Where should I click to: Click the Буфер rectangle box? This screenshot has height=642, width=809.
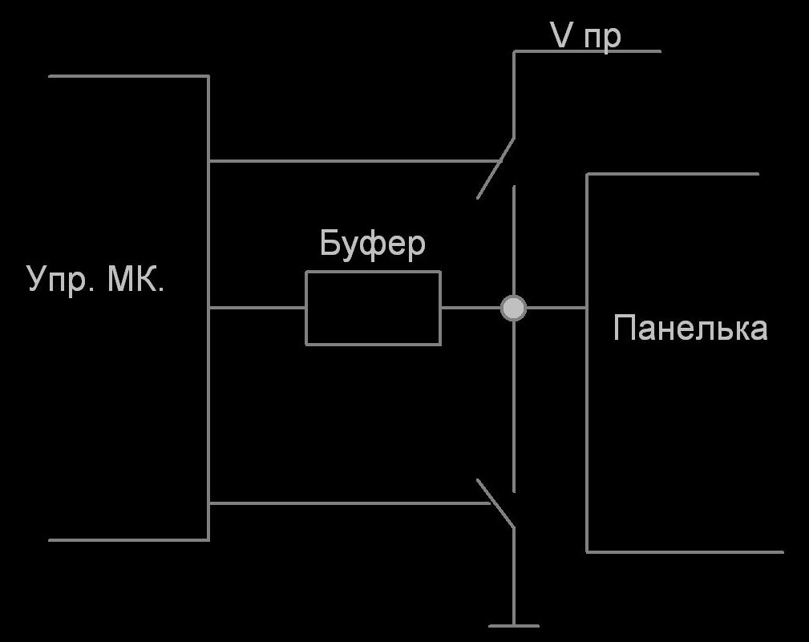click(x=373, y=308)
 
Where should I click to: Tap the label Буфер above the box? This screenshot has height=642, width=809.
click(x=372, y=244)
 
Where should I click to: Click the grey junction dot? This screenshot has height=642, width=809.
click(x=513, y=308)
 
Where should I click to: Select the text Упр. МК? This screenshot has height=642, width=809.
click(x=96, y=280)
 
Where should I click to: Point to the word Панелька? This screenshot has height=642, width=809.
click(x=690, y=328)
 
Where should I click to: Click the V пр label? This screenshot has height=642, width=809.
click(x=585, y=35)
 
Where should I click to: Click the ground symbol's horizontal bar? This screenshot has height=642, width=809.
click(x=513, y=625)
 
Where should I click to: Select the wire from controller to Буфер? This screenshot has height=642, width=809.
click(x=257, y=308)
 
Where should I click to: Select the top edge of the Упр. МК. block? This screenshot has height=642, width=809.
click(x=128, y=76)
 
